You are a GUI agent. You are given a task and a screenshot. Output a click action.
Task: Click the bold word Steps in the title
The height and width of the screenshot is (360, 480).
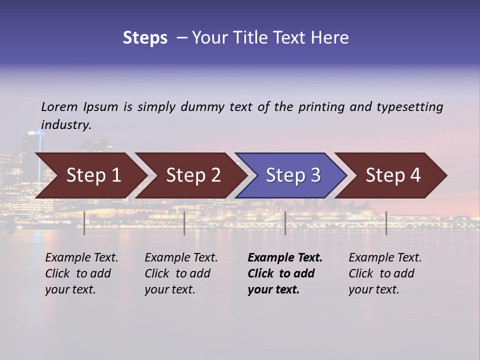click(x=145, y=38)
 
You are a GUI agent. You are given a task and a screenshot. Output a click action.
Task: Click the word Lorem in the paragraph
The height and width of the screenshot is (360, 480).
click(x=59, y=106)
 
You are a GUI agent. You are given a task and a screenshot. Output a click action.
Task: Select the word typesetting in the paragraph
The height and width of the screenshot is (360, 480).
click(x=409, y=106)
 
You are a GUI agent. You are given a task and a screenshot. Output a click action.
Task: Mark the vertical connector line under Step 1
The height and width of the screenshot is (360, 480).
click(x=84, y=223)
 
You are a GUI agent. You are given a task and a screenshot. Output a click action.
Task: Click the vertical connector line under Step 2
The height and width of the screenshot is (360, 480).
click(x=184, y=223)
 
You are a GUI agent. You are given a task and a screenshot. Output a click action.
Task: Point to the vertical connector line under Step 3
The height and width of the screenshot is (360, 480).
click(x=285, y=223)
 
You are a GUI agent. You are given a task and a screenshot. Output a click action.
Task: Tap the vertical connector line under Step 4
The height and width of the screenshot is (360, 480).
click(x=386, y=223)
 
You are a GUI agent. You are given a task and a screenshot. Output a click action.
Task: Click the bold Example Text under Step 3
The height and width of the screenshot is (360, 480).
click(x=285, y=258)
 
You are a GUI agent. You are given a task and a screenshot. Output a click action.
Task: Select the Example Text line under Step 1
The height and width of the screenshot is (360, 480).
click(x=81, y=258)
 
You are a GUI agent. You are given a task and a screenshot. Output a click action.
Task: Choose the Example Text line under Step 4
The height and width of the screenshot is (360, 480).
click(x=385, y=258)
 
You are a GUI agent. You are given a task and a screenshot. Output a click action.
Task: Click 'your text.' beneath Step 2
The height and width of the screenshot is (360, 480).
click(x=169, y=289)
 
